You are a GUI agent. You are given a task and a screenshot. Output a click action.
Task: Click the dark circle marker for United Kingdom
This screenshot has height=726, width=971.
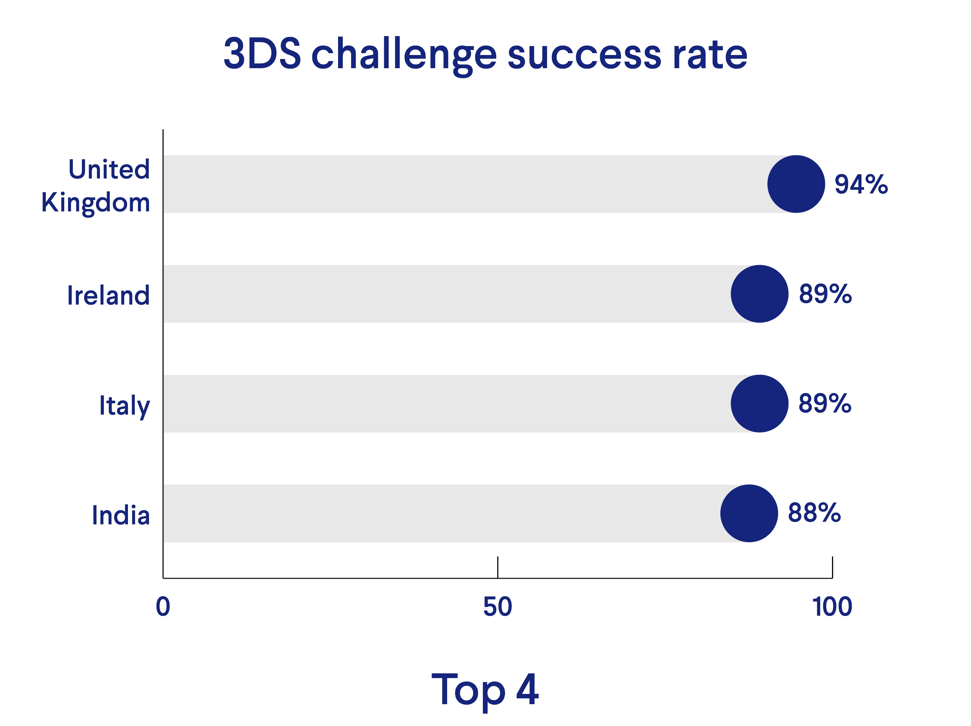(x=796, y=184)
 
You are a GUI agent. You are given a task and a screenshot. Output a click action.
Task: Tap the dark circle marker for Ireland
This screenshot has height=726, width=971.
(x=759, y=294)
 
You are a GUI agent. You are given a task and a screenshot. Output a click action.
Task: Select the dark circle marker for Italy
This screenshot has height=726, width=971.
(x=759, y=403)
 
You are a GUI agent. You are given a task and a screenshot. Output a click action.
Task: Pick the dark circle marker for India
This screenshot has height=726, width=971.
(x=749, y=513)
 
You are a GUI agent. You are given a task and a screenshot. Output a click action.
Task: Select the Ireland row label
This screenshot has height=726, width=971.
(x=108, y=295)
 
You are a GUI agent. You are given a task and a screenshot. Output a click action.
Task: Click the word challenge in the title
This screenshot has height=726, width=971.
(x=404, y=55)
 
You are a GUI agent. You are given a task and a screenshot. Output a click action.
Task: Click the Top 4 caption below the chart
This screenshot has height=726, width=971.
(x=485, y=690)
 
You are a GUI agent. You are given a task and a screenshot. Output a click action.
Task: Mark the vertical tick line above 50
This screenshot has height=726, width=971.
(x=497, y=567)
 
